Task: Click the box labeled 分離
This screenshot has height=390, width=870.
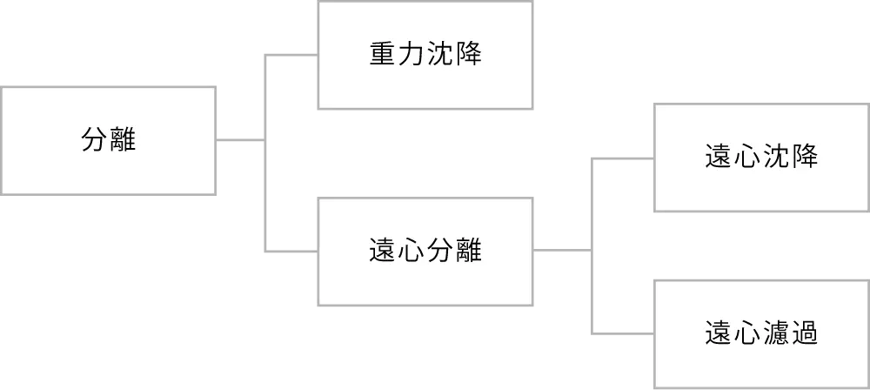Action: tap(109, 142)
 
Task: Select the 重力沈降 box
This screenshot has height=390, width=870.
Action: tap(425, 55)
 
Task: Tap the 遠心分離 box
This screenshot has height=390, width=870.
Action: tap(425, 251)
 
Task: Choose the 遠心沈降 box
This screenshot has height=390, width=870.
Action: tap(760, 158)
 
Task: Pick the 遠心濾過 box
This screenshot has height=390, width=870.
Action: tap(760, 333)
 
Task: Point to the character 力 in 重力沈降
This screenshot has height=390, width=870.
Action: tap(411, 55)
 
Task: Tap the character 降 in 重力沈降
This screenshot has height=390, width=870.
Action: tap(467, 55)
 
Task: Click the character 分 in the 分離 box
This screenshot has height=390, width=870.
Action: tap(94, 140)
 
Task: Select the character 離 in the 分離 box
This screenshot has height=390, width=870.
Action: tap(123, 140)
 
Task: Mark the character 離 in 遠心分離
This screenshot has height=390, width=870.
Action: tap(467, 252)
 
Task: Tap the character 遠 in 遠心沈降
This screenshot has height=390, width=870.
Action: tap(718, 158)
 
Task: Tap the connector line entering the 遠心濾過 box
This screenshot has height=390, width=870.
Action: tap(622, 333)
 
